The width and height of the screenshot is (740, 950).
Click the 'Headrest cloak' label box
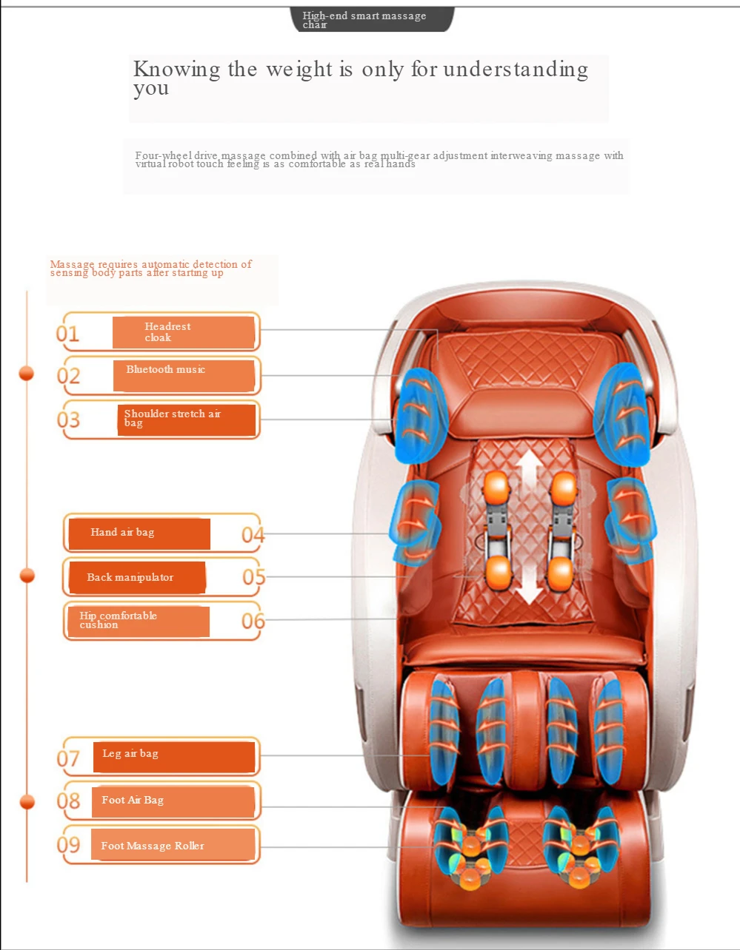pyautogui.click(x=183, y=332)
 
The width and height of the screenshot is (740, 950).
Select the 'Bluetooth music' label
pyautogui.click(x=183, y=375)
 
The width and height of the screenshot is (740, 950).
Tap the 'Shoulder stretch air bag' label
pyautogui.click(x=186, y=420)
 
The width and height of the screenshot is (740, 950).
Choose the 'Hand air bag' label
pyautogui.click(x=139, y=533)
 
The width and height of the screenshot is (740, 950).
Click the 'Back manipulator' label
pyautogui.click(x=136, y=578)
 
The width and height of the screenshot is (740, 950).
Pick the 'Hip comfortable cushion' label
pyautogui.click(x=136, y=621)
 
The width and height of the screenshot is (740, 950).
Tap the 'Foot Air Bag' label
pyautogui.click(x=173, y=801)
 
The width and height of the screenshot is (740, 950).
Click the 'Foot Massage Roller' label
pyautogui.click(x=173, y=845)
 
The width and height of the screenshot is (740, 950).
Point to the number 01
pyautogui.click(x=67, y=334)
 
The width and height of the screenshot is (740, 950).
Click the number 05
pyautogui.click(x=253, y=577)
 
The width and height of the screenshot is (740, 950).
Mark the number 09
pyautogui.click(x=68, y=844)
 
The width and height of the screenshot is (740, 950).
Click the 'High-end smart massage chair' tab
pyautogui.click(x=370, y=19)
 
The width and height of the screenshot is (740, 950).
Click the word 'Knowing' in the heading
pyautogui.click(x=176, y=70)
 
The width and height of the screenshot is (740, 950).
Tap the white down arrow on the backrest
pyautogui.click(x=529, y=585)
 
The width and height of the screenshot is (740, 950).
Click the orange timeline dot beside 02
pyautogui.click(x=27, y=374)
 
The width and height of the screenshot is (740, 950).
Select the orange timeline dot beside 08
pyautogui.click(x=27, y=802)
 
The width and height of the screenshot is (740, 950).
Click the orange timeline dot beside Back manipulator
pyautogui.click(x=27, y=576)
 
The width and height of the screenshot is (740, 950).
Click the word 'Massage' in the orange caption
pyautogui.click(x=72, y=264)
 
